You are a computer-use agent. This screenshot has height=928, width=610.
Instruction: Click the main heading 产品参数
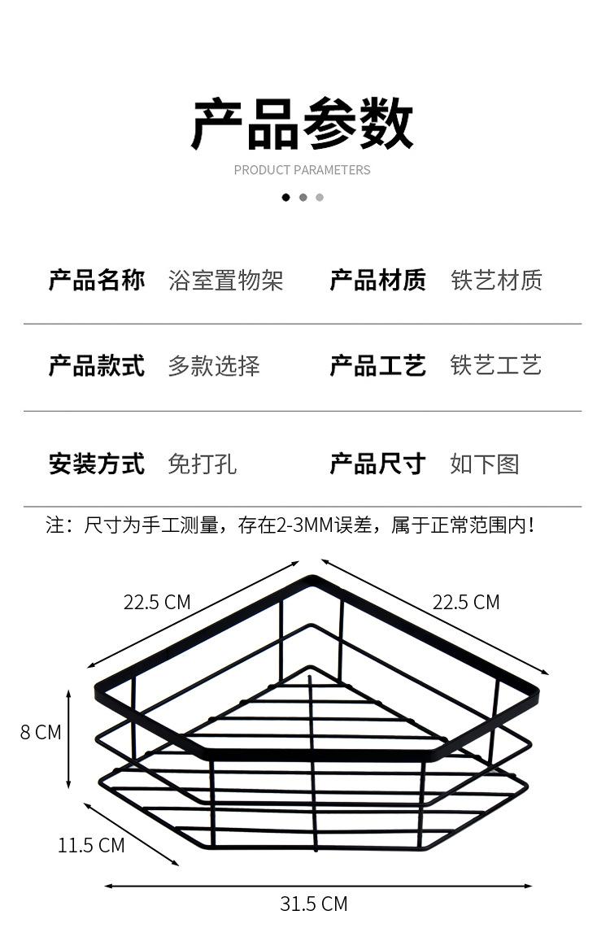tap(303, 124)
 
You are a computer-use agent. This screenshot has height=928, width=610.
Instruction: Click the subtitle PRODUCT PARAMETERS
tap(302, 170)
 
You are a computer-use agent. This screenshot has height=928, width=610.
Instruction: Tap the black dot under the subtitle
tap(285, 197)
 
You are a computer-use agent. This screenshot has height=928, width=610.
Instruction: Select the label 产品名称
tap(97, 281)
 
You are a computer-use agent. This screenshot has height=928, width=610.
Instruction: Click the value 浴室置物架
tap(225, 281)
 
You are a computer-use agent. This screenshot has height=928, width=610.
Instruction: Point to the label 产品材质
tap(377, 281)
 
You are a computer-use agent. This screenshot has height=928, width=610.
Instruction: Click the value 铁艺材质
tap(496, 281)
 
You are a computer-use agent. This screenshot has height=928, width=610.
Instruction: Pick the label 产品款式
tap(97, 366)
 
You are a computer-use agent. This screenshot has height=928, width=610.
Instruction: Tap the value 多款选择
tap(214, 366)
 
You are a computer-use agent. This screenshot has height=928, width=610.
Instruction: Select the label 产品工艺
tap(377, 366)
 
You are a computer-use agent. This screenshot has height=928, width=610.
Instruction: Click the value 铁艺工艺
tap(496, 366)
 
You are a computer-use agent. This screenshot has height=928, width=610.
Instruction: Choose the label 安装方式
tap(97, 464)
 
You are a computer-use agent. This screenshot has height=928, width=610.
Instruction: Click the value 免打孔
tap(203, 464)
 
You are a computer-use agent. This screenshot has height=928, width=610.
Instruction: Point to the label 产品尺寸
tap(377, 464)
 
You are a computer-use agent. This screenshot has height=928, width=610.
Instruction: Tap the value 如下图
tap(484, 464)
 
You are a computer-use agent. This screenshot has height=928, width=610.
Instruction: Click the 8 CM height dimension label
tap(41, 732)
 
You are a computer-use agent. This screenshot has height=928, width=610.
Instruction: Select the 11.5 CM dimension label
tap(91, 845)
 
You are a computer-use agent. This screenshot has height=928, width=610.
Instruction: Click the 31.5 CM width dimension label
tap(314, 904)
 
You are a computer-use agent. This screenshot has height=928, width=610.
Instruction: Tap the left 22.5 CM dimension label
tap(157, 602)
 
